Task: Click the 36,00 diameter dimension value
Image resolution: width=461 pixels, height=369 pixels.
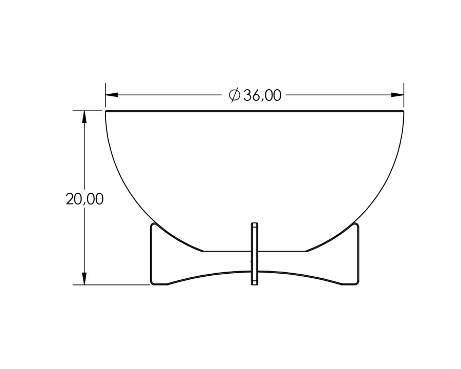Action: pyautogui.click(x=262, y=95)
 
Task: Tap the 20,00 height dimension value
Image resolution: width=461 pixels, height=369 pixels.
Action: pyautogui.click(x=85, y=199)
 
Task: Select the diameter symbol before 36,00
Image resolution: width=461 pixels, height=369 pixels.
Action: pyautogui.click(x=235, y=95)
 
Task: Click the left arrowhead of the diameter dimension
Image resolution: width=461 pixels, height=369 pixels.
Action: pyautogui.click(x=112, y=95)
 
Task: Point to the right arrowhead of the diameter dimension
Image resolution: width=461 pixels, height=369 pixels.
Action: pyautogui.click(x=397, y=95)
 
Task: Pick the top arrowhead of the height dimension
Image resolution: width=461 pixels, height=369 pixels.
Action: pyautogui.click(x=85, y=117)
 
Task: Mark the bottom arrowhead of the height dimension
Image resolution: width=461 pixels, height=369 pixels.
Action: pyautogui.click(x=85, y=279)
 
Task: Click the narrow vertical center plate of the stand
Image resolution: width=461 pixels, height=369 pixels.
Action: pyautogui.click(x=254, y=254)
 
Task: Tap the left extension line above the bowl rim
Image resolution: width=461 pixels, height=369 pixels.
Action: pyautogui.click(x=106, y=95)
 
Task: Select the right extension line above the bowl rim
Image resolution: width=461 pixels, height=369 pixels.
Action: pyautogui.click(x=404, y=95)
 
